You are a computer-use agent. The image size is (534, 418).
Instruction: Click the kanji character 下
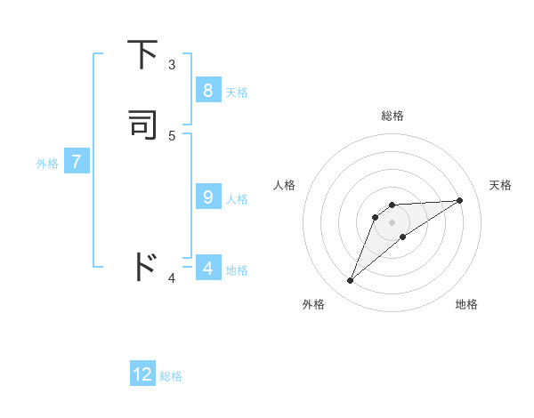click(144, 55)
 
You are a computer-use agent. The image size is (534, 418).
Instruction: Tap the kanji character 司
click(144, 125)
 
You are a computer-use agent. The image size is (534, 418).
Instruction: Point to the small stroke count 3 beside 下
click(172, 64)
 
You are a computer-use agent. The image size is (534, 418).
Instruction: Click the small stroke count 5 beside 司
click(172, 135)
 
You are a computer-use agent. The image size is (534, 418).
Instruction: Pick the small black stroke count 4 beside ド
click(172, 278)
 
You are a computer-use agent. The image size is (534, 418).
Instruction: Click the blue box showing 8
click(207, 90)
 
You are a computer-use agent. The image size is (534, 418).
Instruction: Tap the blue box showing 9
click(207, 197)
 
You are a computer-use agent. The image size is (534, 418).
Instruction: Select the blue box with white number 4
click(207, 268)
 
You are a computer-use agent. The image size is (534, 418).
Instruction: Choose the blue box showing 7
click(77, 162)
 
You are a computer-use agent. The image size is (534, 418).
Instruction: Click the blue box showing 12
click(142, 374)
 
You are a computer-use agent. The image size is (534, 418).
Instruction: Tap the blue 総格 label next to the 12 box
click(171, 376)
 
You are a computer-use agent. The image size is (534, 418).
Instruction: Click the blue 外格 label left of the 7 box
click(47, 164)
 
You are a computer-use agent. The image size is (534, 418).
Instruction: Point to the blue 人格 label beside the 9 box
click(237, 199)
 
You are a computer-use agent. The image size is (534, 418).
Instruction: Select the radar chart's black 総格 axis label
click(392, 116)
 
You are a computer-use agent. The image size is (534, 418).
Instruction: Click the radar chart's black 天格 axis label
click(500, 185)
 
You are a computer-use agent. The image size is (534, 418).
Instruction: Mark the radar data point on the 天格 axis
click(459, 200)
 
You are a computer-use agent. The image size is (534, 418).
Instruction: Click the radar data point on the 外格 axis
click(351, 281)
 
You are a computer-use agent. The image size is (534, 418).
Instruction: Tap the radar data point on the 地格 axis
click(403, 237)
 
